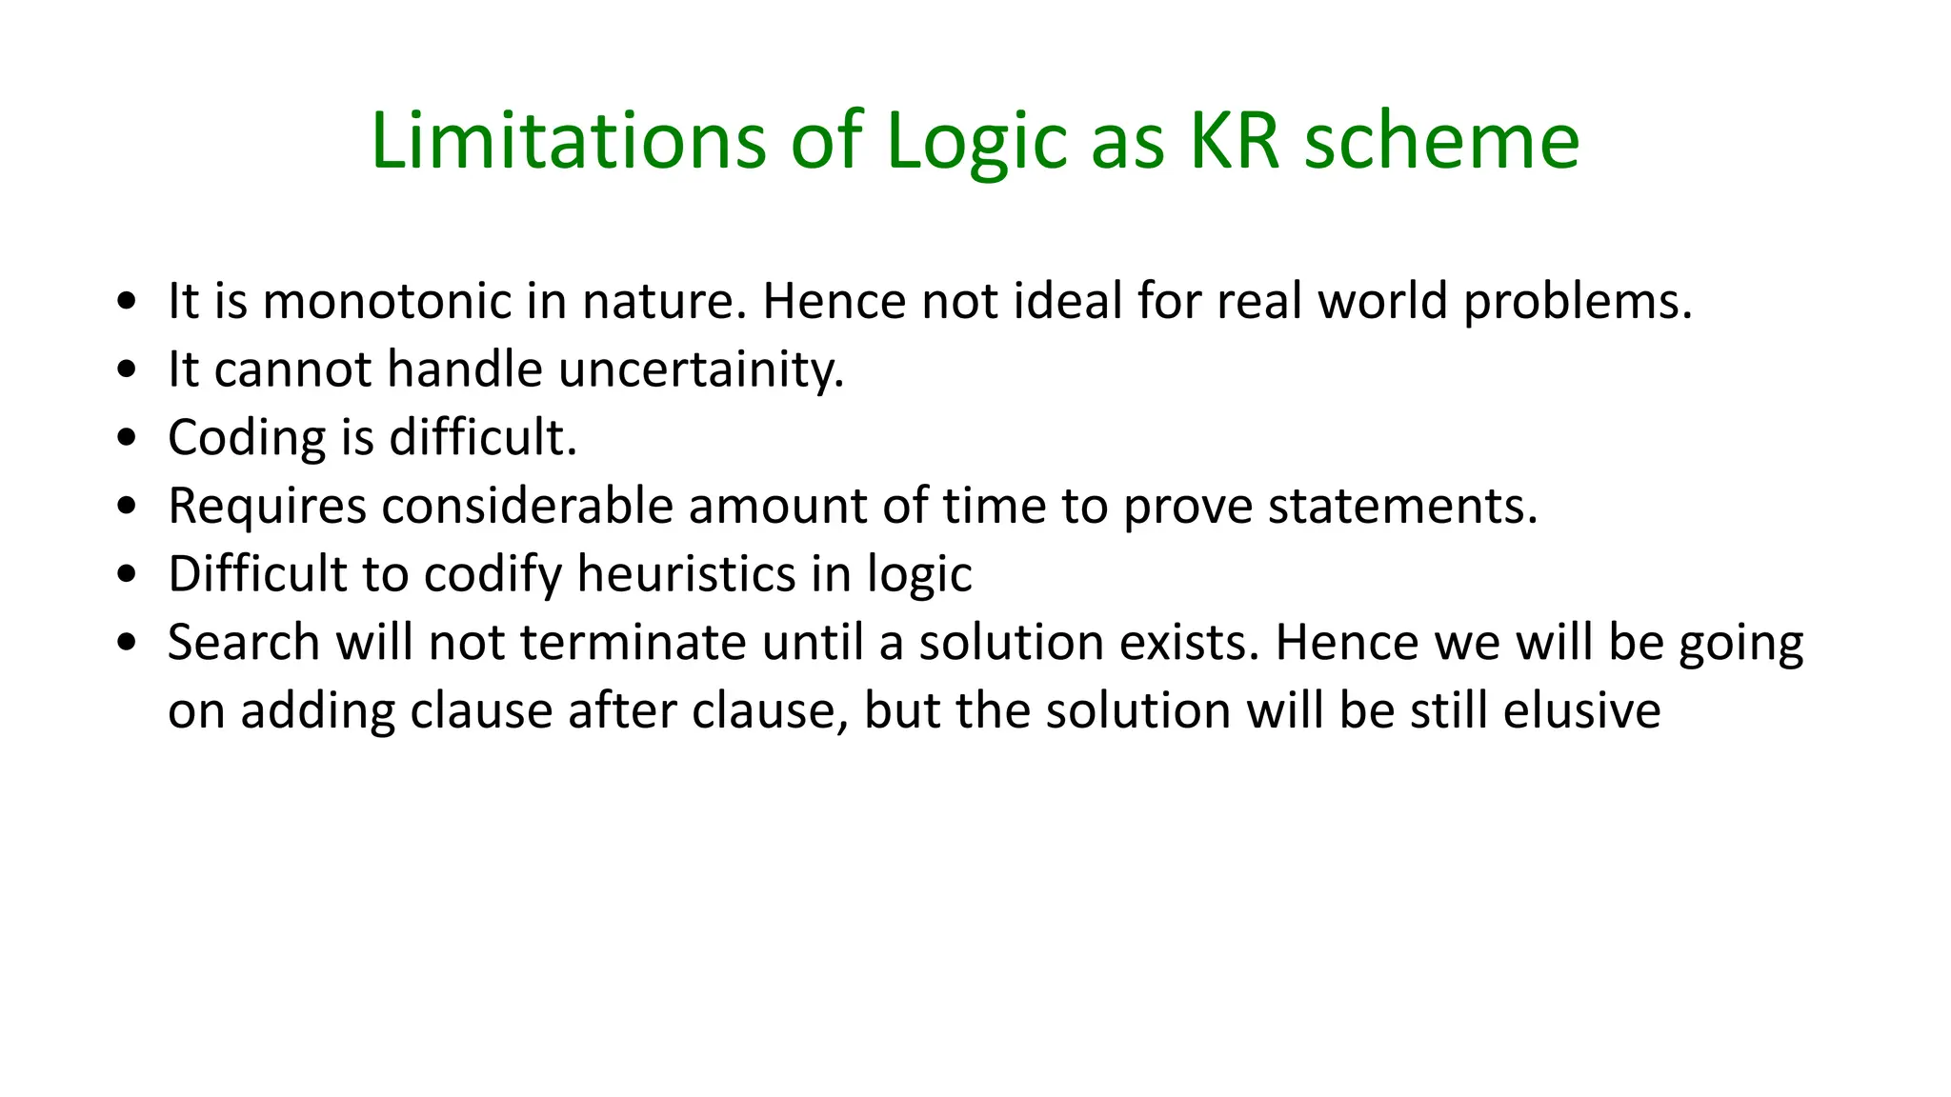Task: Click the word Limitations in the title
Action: point(568,141)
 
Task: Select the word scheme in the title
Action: point(1441,141)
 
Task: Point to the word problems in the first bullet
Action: point(1577,303)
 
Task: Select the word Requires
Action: point(267,507)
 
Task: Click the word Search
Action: point(244,643)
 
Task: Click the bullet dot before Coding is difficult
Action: point(127,439)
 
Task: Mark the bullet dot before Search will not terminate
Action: point(127,644)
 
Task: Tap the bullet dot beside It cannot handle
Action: point(127,370)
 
